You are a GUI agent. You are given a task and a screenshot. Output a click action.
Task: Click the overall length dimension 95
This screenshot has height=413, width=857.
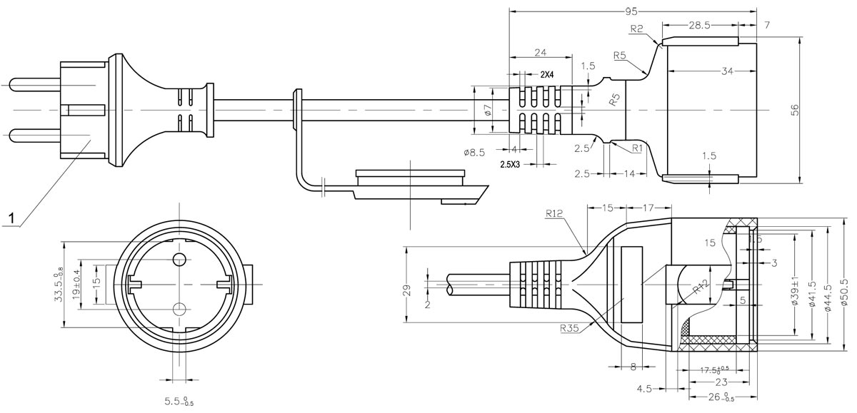coord(631,11)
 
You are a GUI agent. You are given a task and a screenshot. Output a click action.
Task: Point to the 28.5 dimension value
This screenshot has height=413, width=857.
coord(699,25)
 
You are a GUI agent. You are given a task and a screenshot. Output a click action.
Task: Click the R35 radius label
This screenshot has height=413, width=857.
coord(570,328)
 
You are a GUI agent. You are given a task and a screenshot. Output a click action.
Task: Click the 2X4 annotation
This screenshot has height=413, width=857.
coord(548,74)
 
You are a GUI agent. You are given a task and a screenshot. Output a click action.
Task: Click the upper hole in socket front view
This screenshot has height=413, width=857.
coord(179,258)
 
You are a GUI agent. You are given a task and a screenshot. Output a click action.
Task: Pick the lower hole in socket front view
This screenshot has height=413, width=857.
coord(179,308)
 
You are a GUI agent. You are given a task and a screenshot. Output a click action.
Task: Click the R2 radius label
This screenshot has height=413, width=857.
coord(638,29)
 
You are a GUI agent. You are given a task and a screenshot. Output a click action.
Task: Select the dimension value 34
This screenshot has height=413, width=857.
coord(727,71)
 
